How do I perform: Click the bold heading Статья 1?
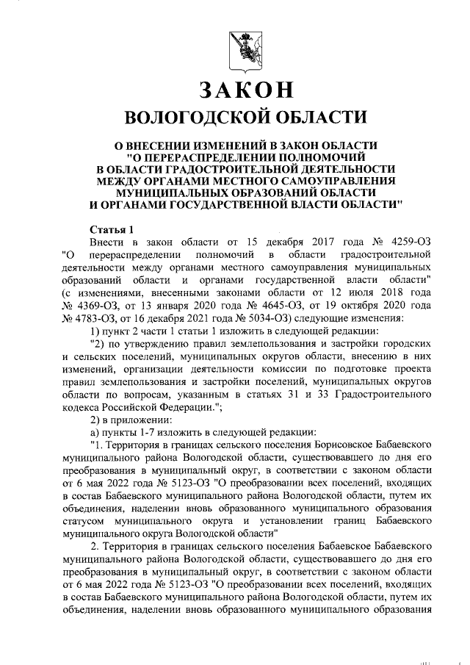pyautogui.click(x=112, y=229)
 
